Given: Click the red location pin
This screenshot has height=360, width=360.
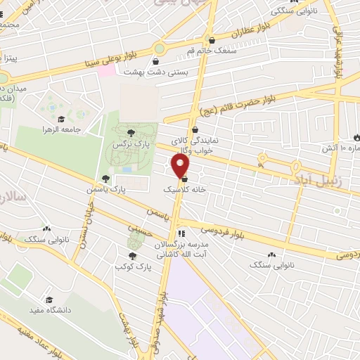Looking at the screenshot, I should coord(181,167).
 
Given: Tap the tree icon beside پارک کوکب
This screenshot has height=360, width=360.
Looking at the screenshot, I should coord(132,256).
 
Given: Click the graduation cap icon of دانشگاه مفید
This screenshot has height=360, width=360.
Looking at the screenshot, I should coord(49,300).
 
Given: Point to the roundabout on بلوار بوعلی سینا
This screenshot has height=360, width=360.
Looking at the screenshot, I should coord(160,49).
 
